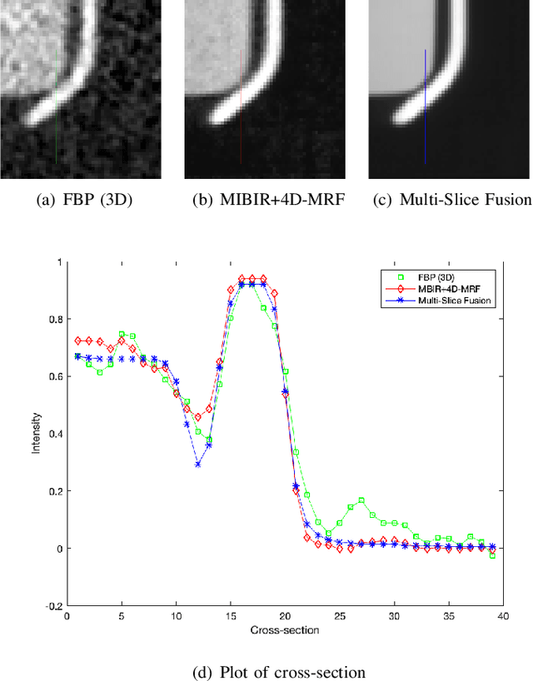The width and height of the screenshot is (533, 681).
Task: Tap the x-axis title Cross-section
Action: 283,630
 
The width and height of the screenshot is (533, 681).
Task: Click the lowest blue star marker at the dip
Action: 197,464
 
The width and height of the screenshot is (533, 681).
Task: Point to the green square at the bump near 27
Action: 361,500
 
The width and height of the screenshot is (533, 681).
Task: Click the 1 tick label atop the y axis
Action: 59,261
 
